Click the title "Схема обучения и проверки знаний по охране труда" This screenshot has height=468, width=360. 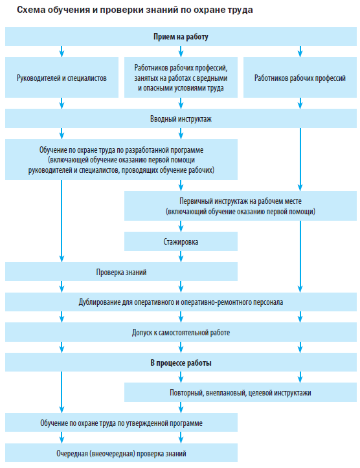click(135, 10)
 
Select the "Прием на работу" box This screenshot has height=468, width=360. click(181, 36)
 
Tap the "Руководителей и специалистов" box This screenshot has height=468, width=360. click(62, 77)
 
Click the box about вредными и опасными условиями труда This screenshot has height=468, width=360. click(181, 77)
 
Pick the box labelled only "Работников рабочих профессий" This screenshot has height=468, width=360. click(300, 77)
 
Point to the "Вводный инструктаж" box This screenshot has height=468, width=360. click(181, 118)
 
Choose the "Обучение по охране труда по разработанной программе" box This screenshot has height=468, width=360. click(121, 160)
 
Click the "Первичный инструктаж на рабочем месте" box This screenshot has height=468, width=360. click(240, 206)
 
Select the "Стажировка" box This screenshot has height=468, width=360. click(181, 241)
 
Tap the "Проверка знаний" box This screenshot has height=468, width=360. click(121, 272)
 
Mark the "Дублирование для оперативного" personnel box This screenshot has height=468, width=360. click(181, 302)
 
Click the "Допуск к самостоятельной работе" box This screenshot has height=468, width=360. click(181, 332)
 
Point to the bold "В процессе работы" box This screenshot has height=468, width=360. click(181, 362)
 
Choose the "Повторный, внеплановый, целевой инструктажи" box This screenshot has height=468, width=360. click(240, 392)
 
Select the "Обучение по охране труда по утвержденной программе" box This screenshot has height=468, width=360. click(121, 423)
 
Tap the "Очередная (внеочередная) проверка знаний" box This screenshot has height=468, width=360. click(121, 453)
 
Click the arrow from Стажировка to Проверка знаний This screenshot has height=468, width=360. click(181, 257)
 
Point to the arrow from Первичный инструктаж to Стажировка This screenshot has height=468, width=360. click(181, 227)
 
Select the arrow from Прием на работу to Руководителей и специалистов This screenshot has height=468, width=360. click(62, 51)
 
